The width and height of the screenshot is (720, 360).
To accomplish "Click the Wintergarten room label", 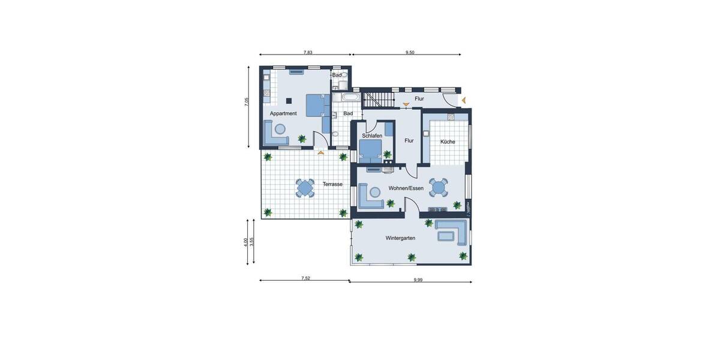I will coord(400,238).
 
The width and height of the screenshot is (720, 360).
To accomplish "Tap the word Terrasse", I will coord(332,184).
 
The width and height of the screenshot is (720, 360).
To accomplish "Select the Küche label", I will coord(448,142).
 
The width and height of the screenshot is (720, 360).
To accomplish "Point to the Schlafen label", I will coord(372,136).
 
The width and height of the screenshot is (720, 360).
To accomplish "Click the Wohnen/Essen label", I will coord(406,188).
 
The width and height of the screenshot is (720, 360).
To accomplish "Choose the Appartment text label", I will coord(283,113).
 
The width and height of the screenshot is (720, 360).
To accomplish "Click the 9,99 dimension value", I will coord(418,280).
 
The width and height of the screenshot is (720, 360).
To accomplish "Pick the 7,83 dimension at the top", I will coord(308,53).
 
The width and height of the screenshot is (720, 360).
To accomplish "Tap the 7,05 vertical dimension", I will coord(246,102).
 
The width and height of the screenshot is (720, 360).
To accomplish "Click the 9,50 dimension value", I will coord(410,53).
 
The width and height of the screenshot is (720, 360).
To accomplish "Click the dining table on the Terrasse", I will coord(305,188).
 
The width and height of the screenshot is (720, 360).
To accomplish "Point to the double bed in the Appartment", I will coord(314,105).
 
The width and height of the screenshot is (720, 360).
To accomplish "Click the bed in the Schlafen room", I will coord(370,149).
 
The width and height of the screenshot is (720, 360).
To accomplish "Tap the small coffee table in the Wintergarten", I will coord(445,235).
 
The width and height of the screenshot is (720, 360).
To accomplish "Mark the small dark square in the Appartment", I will coord(289,101).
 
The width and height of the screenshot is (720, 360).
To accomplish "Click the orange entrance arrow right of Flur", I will coord(463,100).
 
